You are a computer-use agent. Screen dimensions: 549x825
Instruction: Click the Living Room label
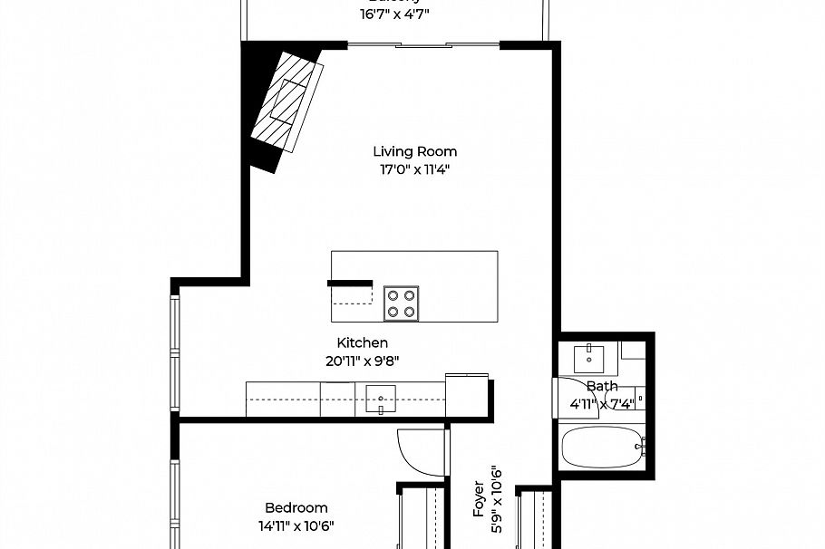coord(414,151)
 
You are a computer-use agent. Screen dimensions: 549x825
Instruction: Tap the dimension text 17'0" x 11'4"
coord(414,169)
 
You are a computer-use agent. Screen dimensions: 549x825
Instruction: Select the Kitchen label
coord(363,342)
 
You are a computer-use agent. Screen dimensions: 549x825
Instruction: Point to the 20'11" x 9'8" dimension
coord(363,360)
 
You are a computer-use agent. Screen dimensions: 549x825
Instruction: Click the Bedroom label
coord(296,507)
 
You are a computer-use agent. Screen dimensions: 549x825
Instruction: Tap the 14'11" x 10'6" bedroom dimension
coord(296,525)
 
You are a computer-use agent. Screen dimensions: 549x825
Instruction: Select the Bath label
coord(602,386)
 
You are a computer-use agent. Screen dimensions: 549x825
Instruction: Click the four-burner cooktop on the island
coord(402,303)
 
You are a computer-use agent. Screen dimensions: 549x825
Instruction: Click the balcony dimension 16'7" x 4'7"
coord(394,14)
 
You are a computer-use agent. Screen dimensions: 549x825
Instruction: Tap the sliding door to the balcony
coord(423,44)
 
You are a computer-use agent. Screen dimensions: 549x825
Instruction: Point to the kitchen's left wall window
coord(174,353)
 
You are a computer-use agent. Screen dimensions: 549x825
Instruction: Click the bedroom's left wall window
coord(174,498)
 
